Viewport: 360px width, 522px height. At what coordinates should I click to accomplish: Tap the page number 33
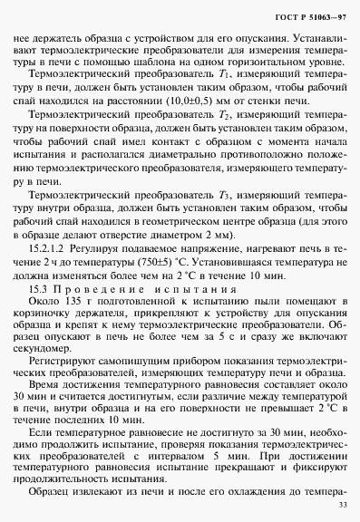pyautogui.click(x=341, y=506)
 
